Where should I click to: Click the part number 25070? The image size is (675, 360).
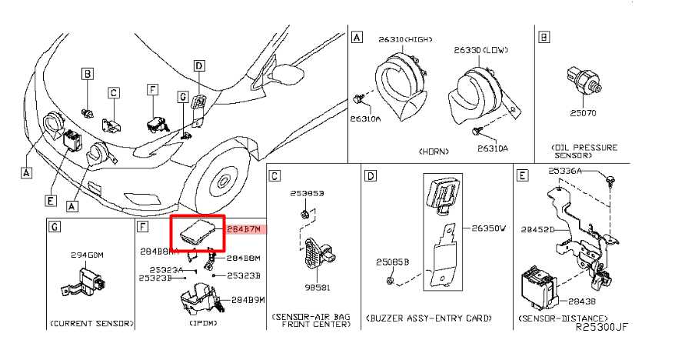coord(583,113)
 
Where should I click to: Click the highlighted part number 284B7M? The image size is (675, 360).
coord(245,229)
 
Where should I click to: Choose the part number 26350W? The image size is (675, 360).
coord(488,228)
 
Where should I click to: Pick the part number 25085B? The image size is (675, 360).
coord(392,262)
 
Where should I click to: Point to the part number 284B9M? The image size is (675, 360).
coord(248,299)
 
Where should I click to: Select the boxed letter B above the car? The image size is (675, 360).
coord(88,75)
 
